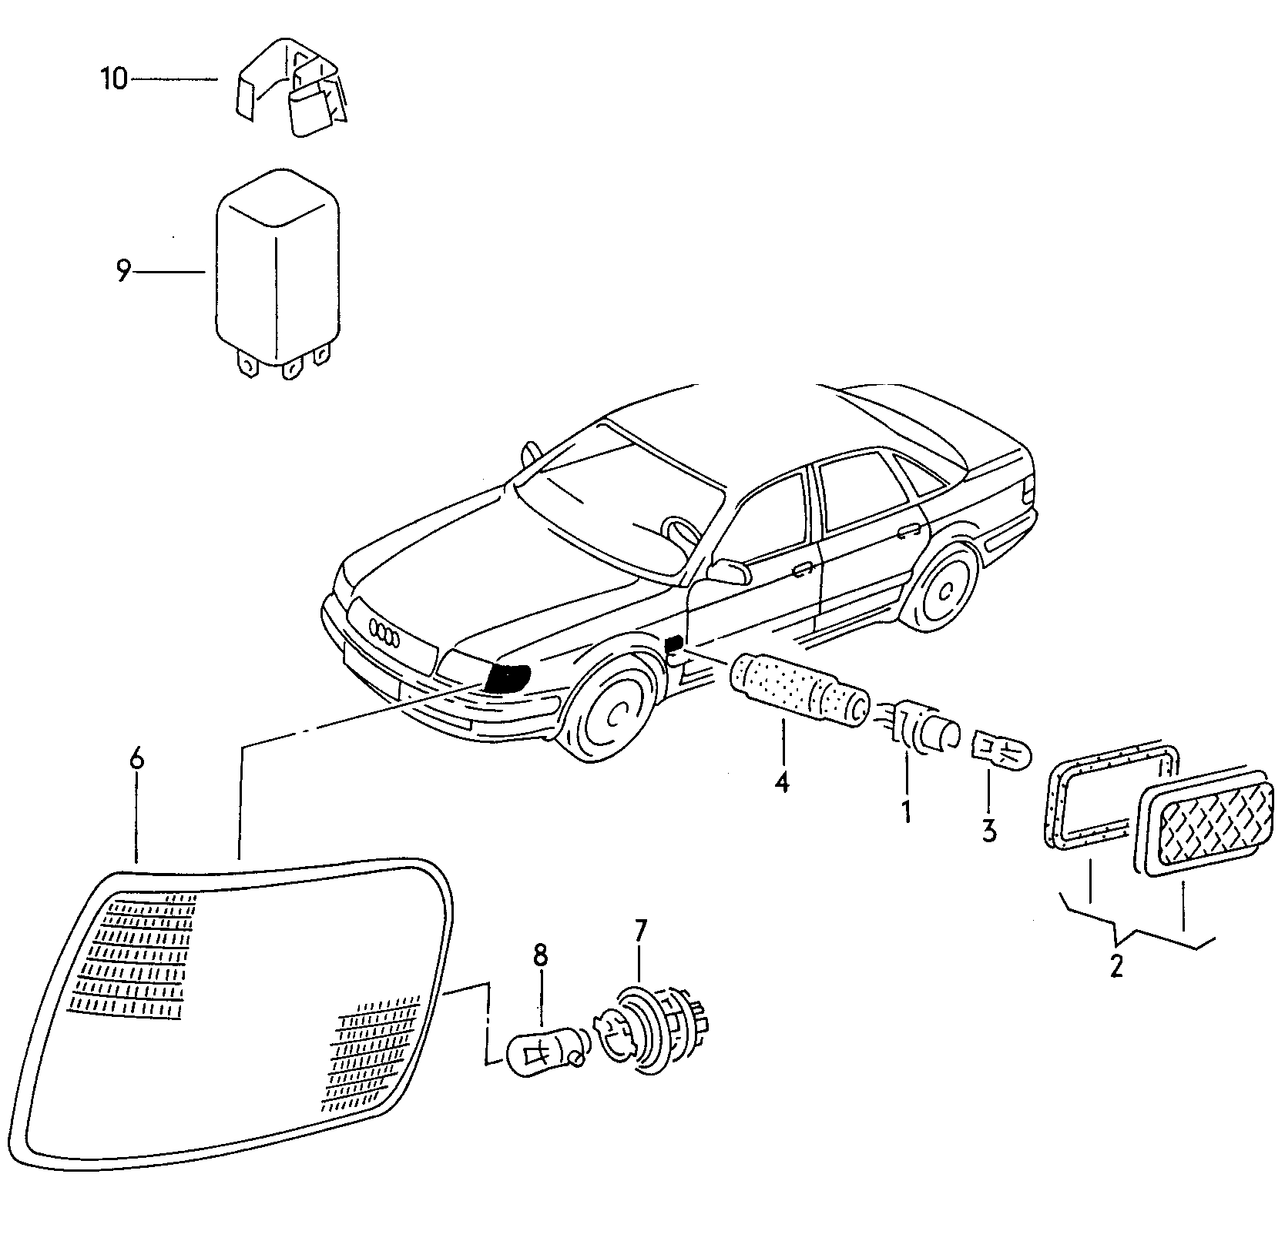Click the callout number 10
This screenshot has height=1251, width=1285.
[x=114, y=79]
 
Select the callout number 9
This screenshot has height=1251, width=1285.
[x=123, y=272]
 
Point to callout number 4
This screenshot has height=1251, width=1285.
[x=782, y=782]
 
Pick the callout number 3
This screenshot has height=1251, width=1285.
[x=988, y=830]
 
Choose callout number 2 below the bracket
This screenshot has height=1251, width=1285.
[x=1116, y=965]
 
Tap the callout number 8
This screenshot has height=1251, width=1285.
[x=540, y=957]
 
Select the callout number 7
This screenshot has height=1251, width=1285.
[x=639, y=932]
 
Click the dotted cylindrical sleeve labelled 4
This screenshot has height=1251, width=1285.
[x=797, y=690]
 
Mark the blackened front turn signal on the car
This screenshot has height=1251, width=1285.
[x=506, y=677]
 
